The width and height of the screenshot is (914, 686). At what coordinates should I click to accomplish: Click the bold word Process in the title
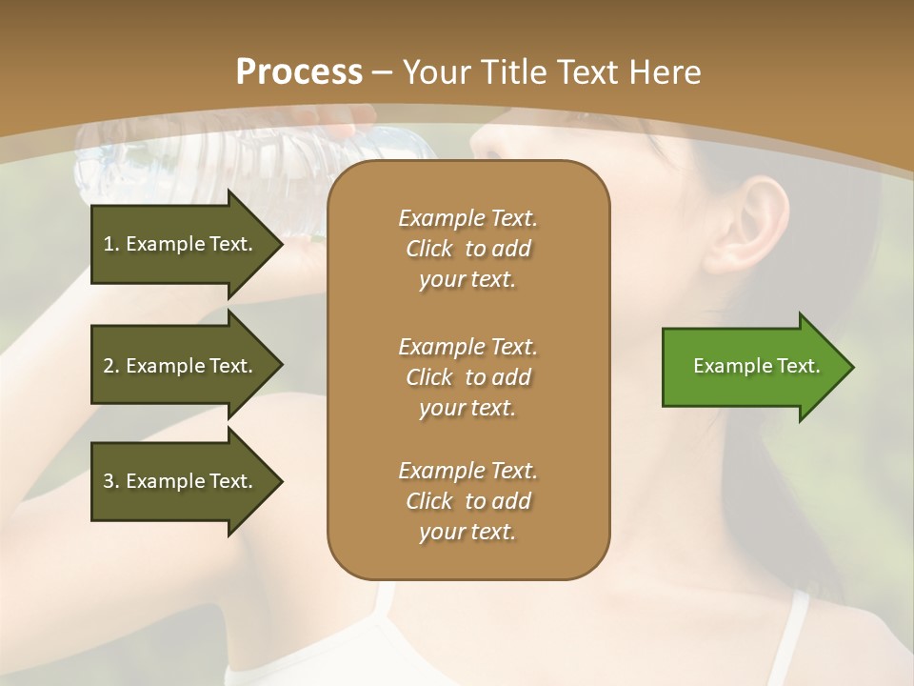click(x=299, y=72)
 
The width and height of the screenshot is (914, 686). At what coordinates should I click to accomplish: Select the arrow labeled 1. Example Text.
click(x=181, y=244)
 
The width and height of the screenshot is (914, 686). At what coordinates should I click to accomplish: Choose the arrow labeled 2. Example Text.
click(x=181, y=366)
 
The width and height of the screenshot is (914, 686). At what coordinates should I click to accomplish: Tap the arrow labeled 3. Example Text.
click(x=181, y=481)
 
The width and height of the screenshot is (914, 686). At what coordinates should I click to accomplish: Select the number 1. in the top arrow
click(x=111, y=244)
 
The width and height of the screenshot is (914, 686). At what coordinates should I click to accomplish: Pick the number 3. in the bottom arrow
click(x=111, y=481)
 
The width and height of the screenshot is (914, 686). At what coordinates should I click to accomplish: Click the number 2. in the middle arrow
click(x=111, y=366)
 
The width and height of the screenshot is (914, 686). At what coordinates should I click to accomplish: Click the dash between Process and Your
click(x=383, y=73)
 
